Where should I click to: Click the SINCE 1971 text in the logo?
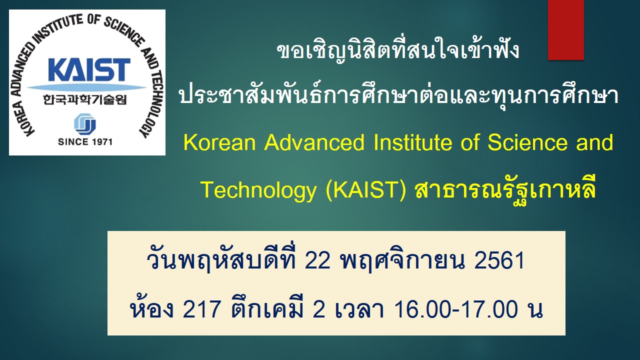85,141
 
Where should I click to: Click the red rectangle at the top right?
565,30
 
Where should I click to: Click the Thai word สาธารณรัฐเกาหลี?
505,190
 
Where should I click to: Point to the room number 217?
201,310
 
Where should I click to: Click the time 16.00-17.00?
456,310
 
